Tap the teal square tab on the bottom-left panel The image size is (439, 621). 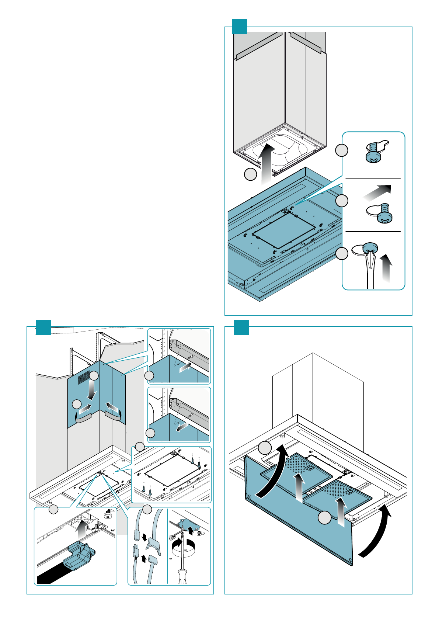[43, 327]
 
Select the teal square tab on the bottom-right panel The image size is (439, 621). [241, 327]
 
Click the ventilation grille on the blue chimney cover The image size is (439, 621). [84, 376]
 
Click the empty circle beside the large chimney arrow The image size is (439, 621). [251, 174]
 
